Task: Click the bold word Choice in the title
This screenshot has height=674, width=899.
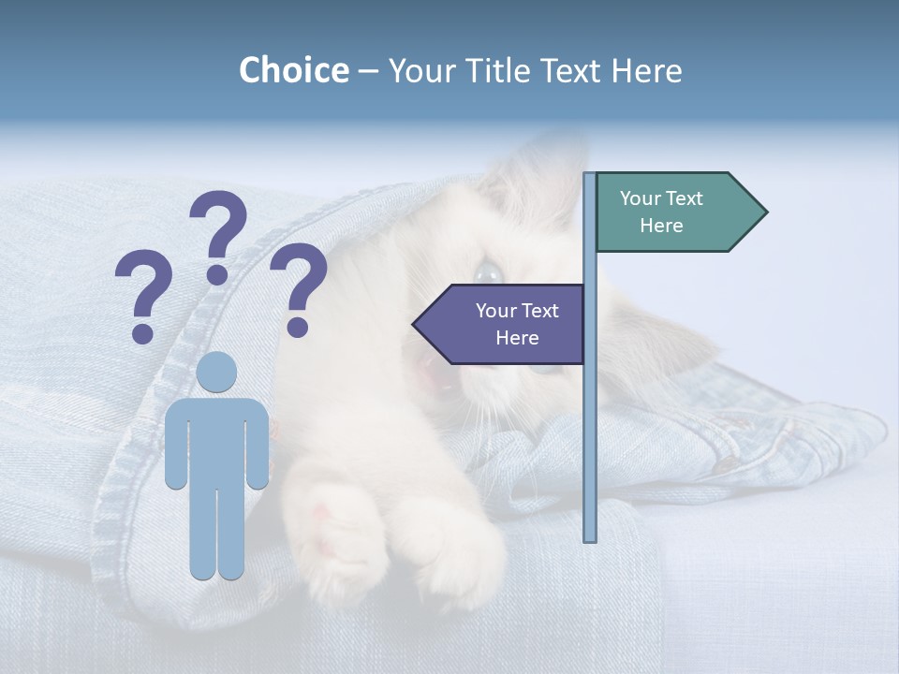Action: click(293, 70)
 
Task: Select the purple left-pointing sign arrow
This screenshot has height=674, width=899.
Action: click(506, 324)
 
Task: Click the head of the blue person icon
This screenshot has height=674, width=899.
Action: click(217, 372)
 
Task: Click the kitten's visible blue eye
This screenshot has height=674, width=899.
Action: click(488, 272)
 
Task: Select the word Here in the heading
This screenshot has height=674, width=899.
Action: click(647, 70)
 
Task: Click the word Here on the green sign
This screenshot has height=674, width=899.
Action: click(661, 226)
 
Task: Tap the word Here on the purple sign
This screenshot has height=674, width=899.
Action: click(517, 338)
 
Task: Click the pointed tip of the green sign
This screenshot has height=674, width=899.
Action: click(765, 212)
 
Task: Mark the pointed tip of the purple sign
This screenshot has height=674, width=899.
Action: click(415, 324)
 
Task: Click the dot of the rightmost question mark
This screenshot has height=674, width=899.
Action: click(298, 328)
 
